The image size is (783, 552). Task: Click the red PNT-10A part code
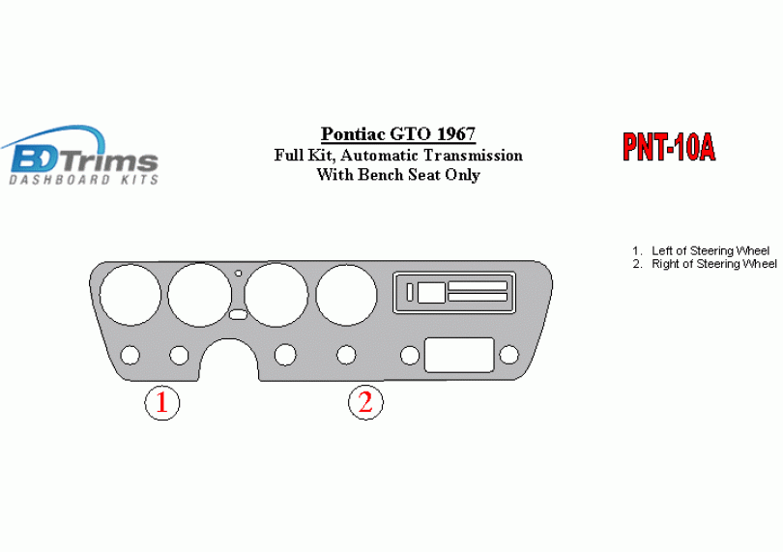(669, 147)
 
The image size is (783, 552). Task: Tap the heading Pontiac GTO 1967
(398, 133)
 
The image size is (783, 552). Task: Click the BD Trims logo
(80, 155)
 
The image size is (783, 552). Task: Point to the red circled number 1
(161, 402)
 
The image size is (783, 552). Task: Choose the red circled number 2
(365, 402)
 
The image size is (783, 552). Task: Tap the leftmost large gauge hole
(130, 295)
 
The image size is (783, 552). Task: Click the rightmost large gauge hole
(346, 295)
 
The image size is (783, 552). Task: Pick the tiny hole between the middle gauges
(238, 274)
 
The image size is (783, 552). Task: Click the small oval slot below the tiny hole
(238, 315)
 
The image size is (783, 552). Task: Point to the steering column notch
(229, 359)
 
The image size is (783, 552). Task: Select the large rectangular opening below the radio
(459, 355)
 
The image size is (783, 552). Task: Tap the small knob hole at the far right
(508, 355)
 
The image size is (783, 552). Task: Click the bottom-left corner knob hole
(130, 355)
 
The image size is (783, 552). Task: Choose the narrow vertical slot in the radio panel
(410, 293)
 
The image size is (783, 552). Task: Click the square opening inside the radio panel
(431, 293)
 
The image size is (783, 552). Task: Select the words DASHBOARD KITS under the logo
(84, 180)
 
